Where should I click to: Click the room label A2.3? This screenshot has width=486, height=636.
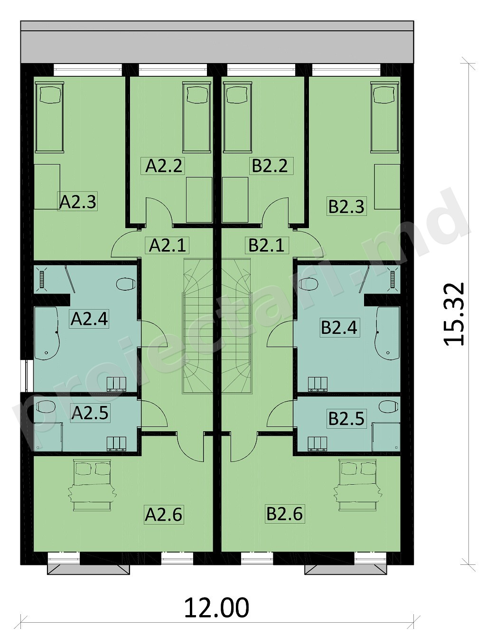coord(77,201)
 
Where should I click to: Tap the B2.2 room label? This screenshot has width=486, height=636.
coord(270,166)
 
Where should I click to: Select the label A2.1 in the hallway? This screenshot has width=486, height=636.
coord(167,246)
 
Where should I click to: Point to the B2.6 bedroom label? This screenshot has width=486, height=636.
coord(285,522)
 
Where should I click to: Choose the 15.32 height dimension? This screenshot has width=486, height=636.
coord(454,314)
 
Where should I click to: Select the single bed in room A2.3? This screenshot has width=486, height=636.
coord(49,117)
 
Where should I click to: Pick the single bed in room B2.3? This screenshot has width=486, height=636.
coord(385,117)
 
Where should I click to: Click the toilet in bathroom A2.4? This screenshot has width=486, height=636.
coord(126,284)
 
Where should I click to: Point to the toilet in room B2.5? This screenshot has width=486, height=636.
coord(388,406)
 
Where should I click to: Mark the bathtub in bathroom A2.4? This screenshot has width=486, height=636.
coord(47,333)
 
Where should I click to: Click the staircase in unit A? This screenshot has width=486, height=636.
coord(198,325)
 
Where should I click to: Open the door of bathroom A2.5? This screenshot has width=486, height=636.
coord(154,414)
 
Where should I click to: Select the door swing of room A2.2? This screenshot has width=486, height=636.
coord(159,212)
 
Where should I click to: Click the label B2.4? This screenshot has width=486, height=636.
coord(339,328)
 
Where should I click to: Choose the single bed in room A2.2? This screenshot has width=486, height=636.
coord(196,117)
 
